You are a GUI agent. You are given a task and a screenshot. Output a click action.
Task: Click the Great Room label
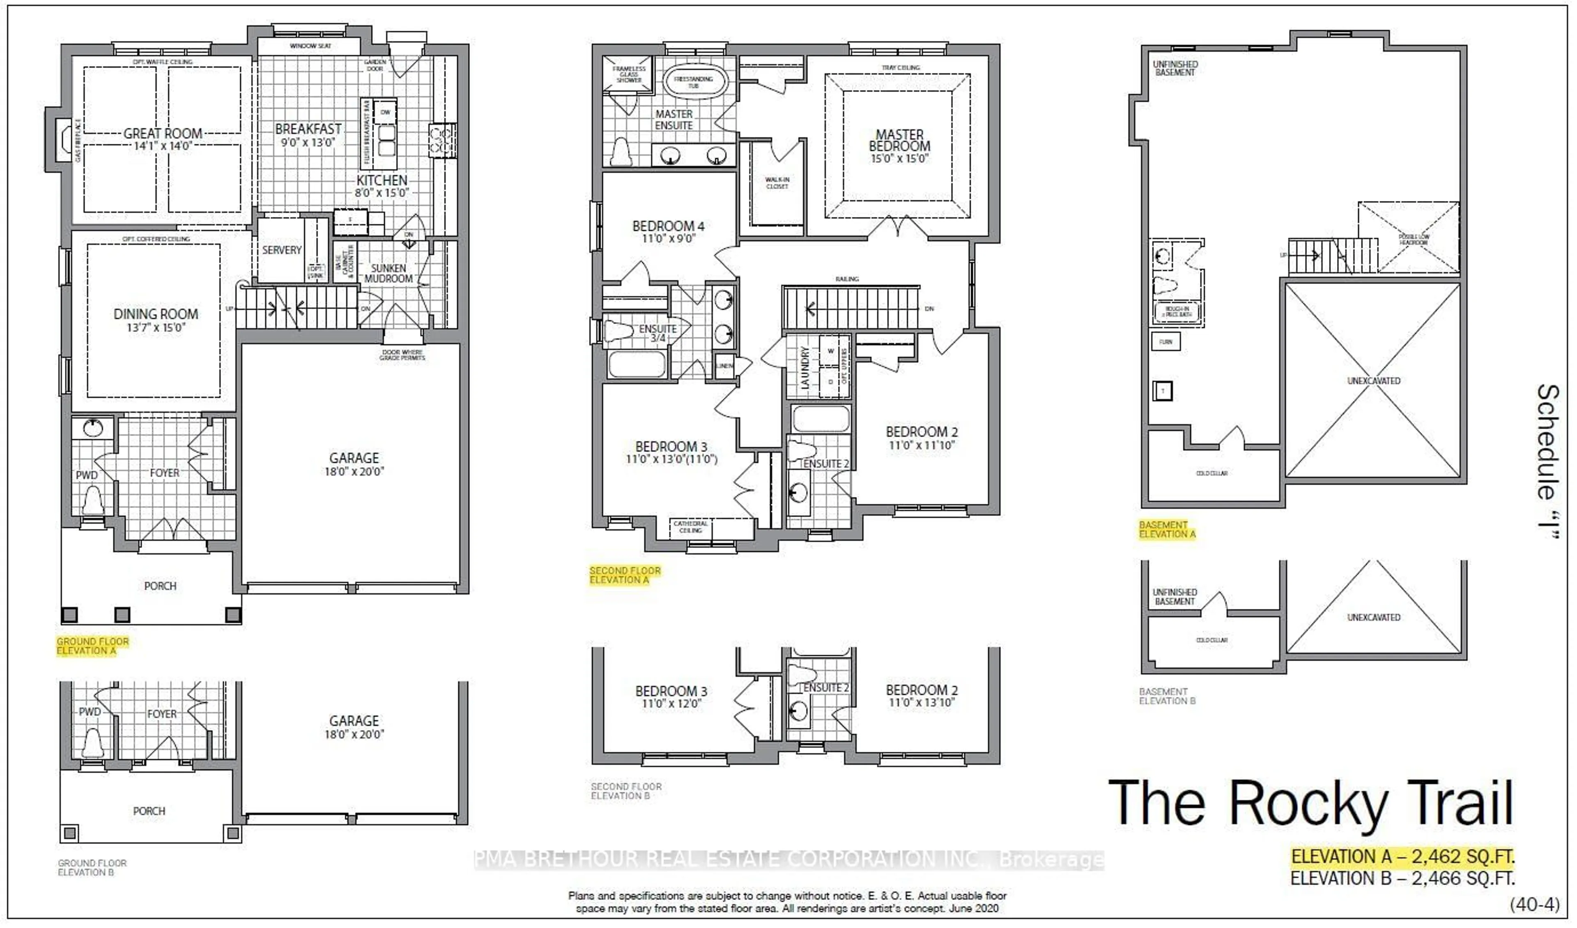(163, 134)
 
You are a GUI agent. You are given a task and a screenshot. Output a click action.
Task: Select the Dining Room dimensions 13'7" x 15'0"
(155, 328)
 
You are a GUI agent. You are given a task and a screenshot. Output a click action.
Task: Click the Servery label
(282, 250)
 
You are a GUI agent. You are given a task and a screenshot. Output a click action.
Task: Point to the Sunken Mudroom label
(388, 273)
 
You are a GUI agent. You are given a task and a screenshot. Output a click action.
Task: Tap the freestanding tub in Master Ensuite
(693, 82)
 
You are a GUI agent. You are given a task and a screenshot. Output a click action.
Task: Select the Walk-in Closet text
(777, 183)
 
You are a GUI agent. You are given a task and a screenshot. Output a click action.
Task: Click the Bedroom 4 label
(668, 226)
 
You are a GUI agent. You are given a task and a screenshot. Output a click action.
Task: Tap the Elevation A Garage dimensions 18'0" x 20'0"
(354, 471)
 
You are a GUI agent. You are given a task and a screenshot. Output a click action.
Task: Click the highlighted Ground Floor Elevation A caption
(93, 646)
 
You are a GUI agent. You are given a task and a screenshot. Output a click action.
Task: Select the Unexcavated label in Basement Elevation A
(1374, 381)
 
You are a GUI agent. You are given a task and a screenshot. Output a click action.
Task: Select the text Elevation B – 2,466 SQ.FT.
(1402, 879)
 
